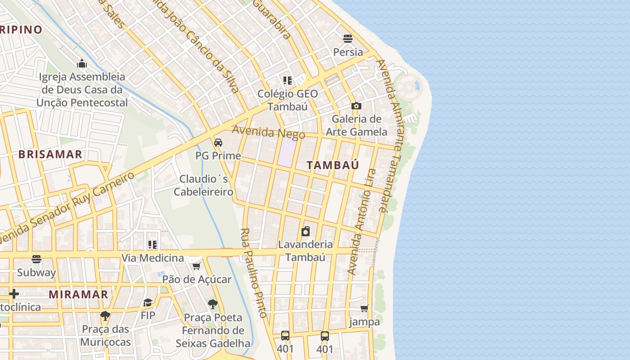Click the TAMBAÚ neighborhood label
click(333, 165)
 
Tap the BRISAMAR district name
click(50, 154)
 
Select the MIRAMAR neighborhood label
click(78, 295)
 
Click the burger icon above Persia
click(348, 38)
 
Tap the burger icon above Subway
click(36, 259)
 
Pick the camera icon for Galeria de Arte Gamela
click(356, 106)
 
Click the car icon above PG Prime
click(218, 143)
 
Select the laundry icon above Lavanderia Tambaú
click(306, 231)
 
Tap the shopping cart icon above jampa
click(364, 309)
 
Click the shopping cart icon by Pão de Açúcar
click(196, 266)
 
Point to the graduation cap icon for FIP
click(148, 302)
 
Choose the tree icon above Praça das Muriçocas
click(105, 316)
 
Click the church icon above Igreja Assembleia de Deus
click(81, 63)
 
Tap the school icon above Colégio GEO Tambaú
click(288, 81)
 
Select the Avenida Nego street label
click(268, 132)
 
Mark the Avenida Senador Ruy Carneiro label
click(67, 207)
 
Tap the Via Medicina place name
click(153, 258)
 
